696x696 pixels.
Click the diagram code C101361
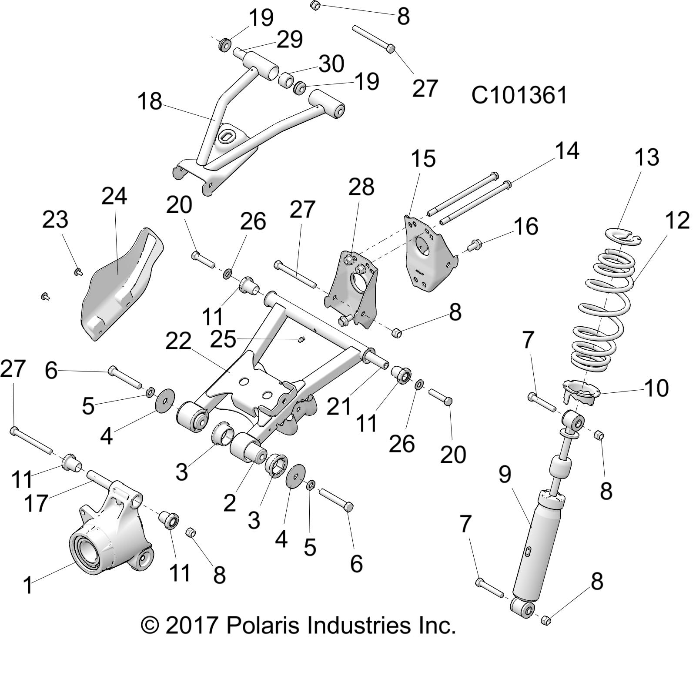[x=519, y=95]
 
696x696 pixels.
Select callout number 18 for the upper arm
[x=149, y=102]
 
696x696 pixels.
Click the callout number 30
[x=331, y=64]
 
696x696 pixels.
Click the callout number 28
[x=361, y=187]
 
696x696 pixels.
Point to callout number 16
[x=525, y=226]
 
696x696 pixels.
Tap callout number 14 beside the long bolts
[x=566, y=151]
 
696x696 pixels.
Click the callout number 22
[x=178, y=342]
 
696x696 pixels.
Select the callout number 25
[x=223, y=339]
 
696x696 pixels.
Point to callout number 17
[x=36, y=503]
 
